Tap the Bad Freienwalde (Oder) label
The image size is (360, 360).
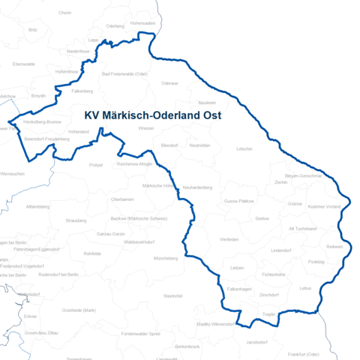click(124, 74)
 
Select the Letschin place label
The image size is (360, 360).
click(244, 148)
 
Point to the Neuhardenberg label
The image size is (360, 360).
click(198, 186)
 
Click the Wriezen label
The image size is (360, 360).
click(146, 128)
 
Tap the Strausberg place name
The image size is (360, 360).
click(76, 220)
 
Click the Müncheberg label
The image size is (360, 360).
click(165, 258)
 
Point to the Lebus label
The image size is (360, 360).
click(304, 288)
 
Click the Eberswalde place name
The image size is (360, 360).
click(24, 64)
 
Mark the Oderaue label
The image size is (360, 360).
click(170, 82)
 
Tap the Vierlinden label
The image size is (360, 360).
click(229, 238)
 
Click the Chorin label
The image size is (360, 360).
click(64, 13)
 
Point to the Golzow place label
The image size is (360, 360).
click(295, 203)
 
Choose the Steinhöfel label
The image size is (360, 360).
click(172, 295)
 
